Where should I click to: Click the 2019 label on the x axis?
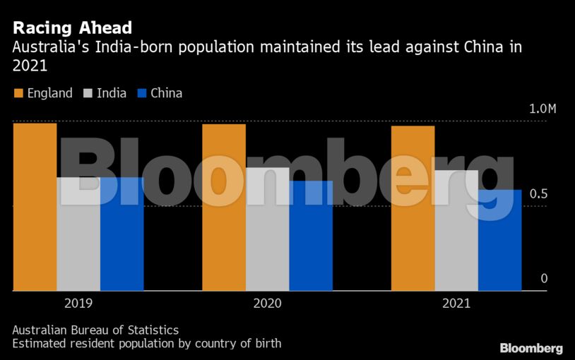tap(78, 304)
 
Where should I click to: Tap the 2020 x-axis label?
tap(268, 304)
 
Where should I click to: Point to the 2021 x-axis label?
tap(456, 304)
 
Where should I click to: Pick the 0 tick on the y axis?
tap(544, 279)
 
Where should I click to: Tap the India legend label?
tap(112, 93)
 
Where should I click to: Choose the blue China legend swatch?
tap(141, 93)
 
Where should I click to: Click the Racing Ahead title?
tap(72, 28)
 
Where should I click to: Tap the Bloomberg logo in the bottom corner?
tap(531, 348)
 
